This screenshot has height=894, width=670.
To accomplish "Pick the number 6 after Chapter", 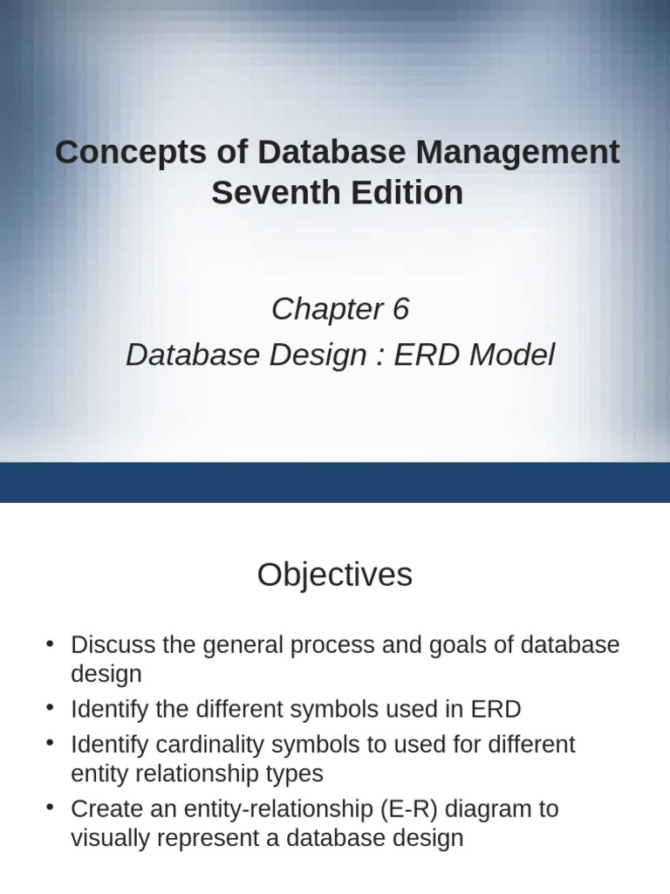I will click(400, 309).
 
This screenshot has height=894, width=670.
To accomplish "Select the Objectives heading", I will click(334, 575).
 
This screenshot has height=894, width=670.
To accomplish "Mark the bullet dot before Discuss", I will click(51, 645).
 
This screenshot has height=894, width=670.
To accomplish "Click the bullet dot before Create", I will click(51, 808).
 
